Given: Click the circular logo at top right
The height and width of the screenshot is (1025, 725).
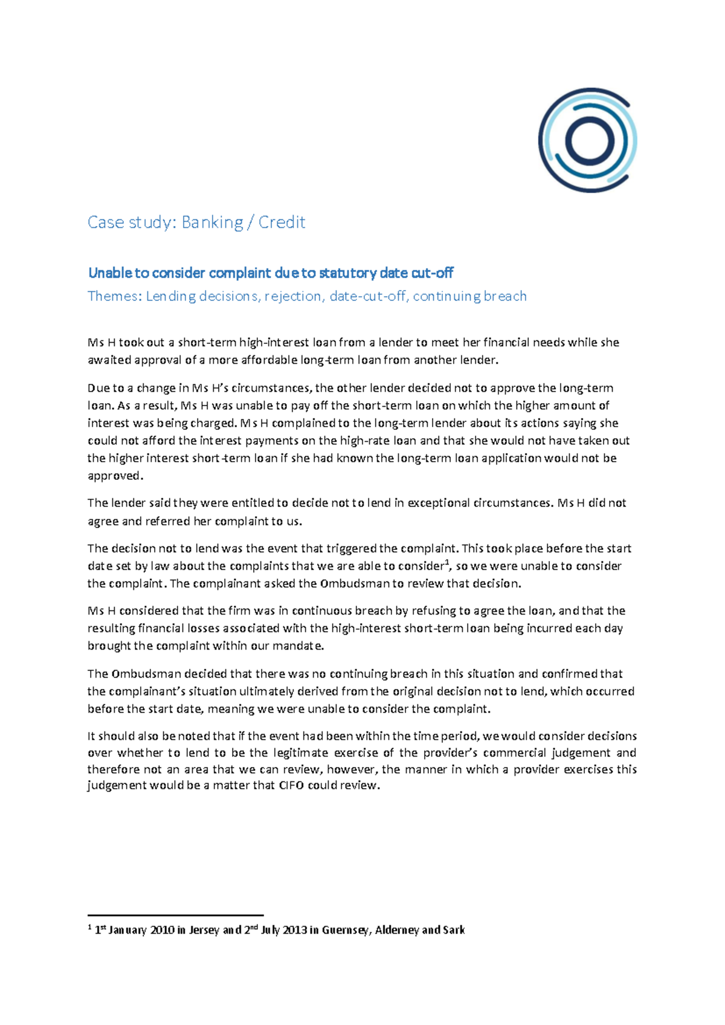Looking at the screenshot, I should click(x=587, y=140).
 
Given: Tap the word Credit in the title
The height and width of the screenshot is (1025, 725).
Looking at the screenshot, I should click(x=282, y=222).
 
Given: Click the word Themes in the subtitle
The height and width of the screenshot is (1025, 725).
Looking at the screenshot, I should click(x=112, y=296).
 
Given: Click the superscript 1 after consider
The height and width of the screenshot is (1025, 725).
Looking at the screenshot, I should click(x=446, y=563).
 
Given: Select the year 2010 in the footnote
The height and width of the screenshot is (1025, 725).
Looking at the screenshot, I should click(x=162, y=930).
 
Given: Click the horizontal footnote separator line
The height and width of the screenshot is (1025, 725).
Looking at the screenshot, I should click(x=175, y=915).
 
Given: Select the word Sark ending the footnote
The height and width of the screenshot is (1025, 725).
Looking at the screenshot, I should click(x=454, y=930).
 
